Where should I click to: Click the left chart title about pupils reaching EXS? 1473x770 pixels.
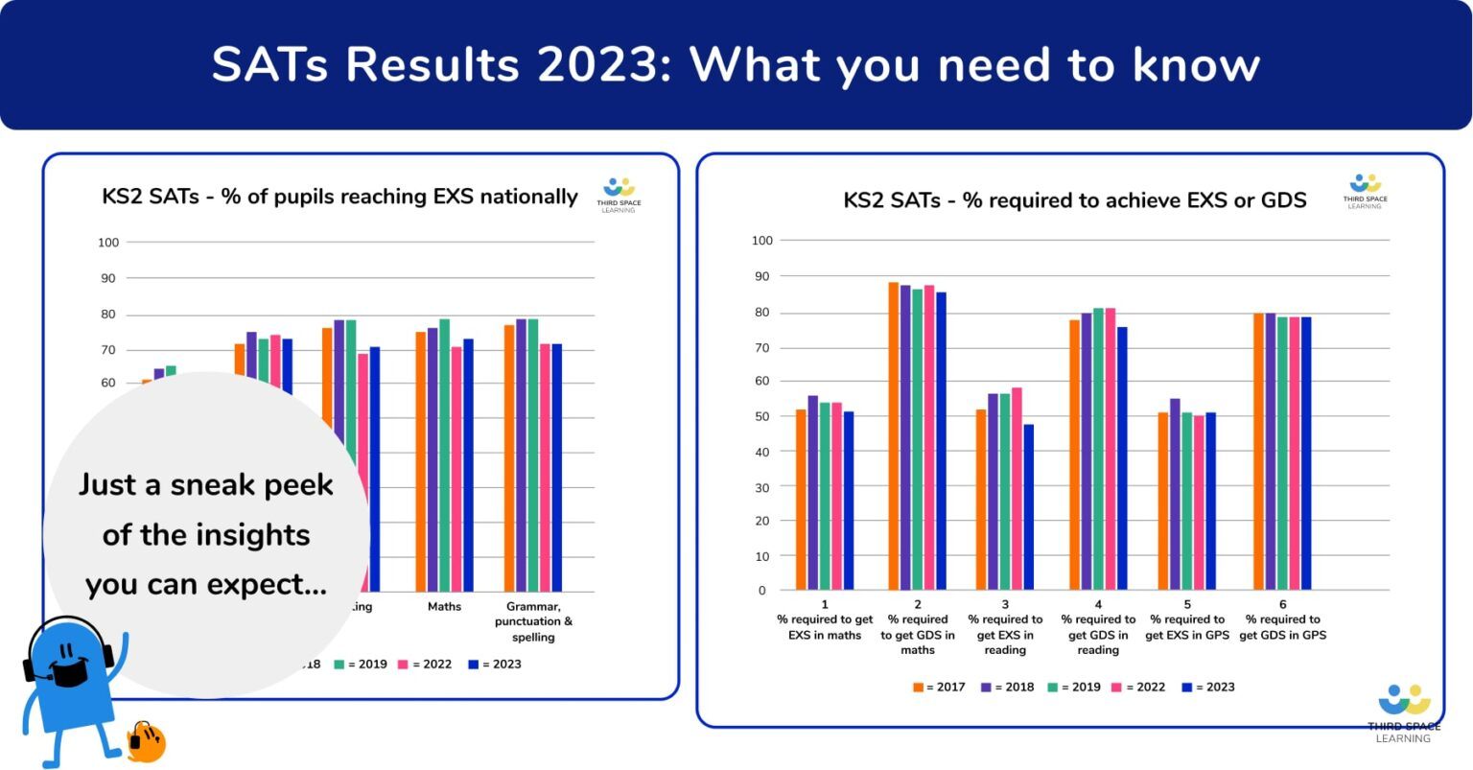point(339,197)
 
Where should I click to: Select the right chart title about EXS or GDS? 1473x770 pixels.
point(1074,200)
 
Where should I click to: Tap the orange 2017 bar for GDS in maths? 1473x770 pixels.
point(894,436)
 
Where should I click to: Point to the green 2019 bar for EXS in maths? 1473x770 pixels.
point(825,496)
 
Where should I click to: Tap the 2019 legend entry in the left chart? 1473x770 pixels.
point(361,664)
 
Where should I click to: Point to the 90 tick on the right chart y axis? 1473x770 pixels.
point(761,276)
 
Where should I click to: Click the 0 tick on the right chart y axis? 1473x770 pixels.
point(762,591)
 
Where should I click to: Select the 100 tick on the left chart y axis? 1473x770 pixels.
point(107,243)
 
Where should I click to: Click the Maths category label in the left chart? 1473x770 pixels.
point(444,607)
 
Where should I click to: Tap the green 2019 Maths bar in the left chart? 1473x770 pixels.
point(444,455)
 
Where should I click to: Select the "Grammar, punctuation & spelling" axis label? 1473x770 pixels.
point(533,621)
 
